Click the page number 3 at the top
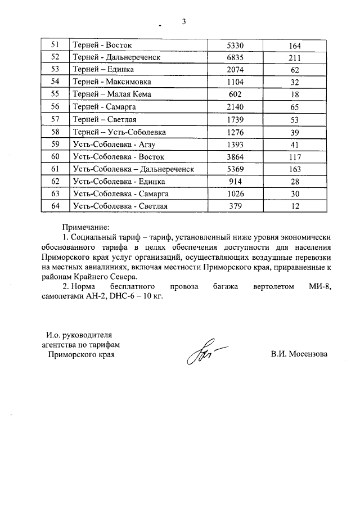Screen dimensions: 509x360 (183, 22)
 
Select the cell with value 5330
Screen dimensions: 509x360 (237, 45)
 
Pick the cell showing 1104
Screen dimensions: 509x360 (237, 82)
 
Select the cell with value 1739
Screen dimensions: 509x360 (237, 119)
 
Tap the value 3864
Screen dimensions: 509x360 (237, 156)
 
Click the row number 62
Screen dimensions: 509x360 (55, 181)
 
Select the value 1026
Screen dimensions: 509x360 (237, 193)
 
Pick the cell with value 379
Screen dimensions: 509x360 (237, 206)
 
